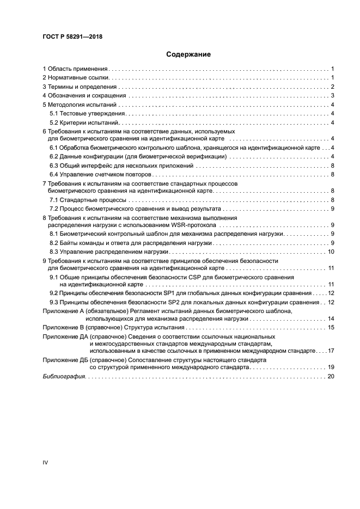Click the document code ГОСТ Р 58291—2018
click(x=72, y=37)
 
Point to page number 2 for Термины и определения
click(x=332, y=87)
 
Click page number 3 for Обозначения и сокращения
click(x=332, y=96)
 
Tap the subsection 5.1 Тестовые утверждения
click(x=88, y=113)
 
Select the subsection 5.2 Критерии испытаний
click(x=84, y=122)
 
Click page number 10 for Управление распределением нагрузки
click(x=330, y=252)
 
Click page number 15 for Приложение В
click(x=330, y=327)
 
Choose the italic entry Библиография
click(x=64, y=377)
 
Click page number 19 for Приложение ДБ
click(x=330, y=367)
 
